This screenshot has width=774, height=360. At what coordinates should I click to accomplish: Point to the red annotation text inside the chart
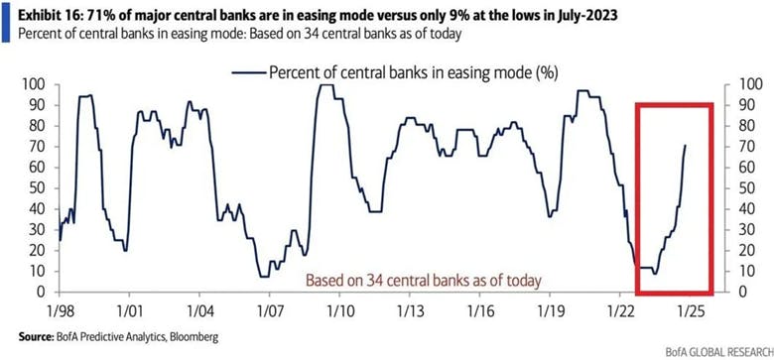[424, 280]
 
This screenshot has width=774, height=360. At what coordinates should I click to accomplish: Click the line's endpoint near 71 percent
[685, 146]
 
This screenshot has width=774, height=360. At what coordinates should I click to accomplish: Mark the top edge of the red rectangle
[674, 103]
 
